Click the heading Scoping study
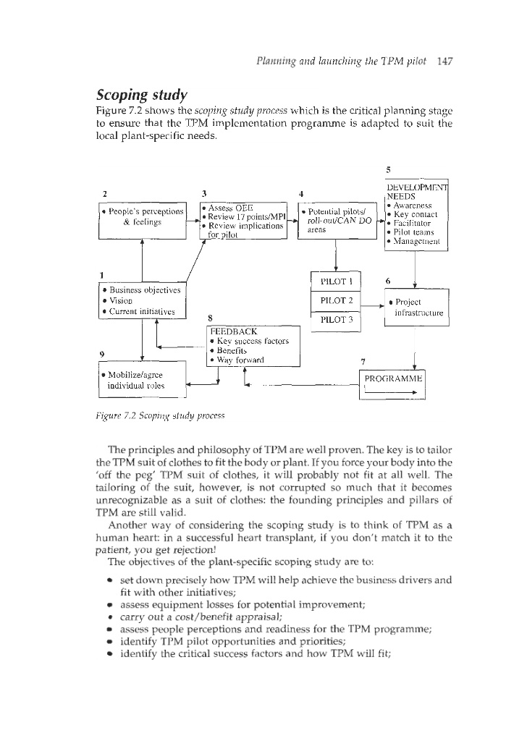pyautogui.click(x=143, y=96)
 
